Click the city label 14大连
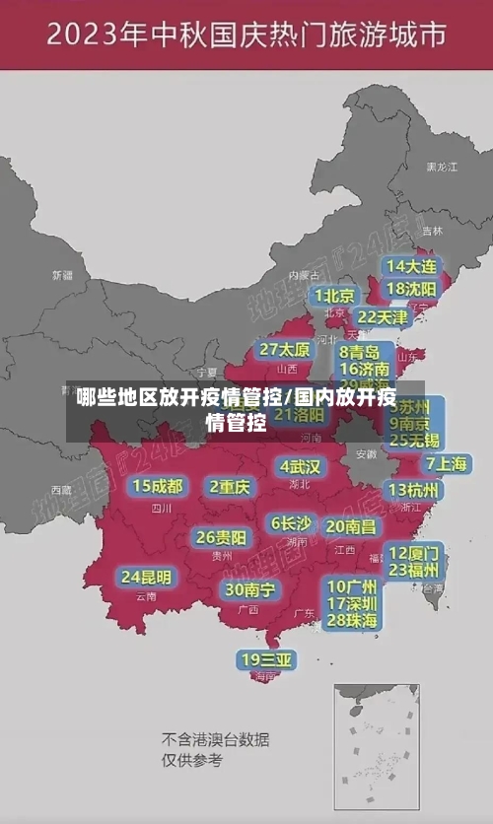point(411,266)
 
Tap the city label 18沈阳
point(411,289)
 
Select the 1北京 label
point(335,296)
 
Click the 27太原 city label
point(285,349)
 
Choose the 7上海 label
point(446,463)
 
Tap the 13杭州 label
point(414,490)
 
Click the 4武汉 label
point(300,466)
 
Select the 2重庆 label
point(230,486)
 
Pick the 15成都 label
point(158,486)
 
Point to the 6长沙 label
point(291,523)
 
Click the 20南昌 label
point(351,526)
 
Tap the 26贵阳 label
point(221,537)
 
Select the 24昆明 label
point(146,577)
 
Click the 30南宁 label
point(249,589)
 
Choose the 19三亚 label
point(267,659)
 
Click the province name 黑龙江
point(441,168)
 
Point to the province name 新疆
point(62,274)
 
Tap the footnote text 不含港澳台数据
point(216,739)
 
